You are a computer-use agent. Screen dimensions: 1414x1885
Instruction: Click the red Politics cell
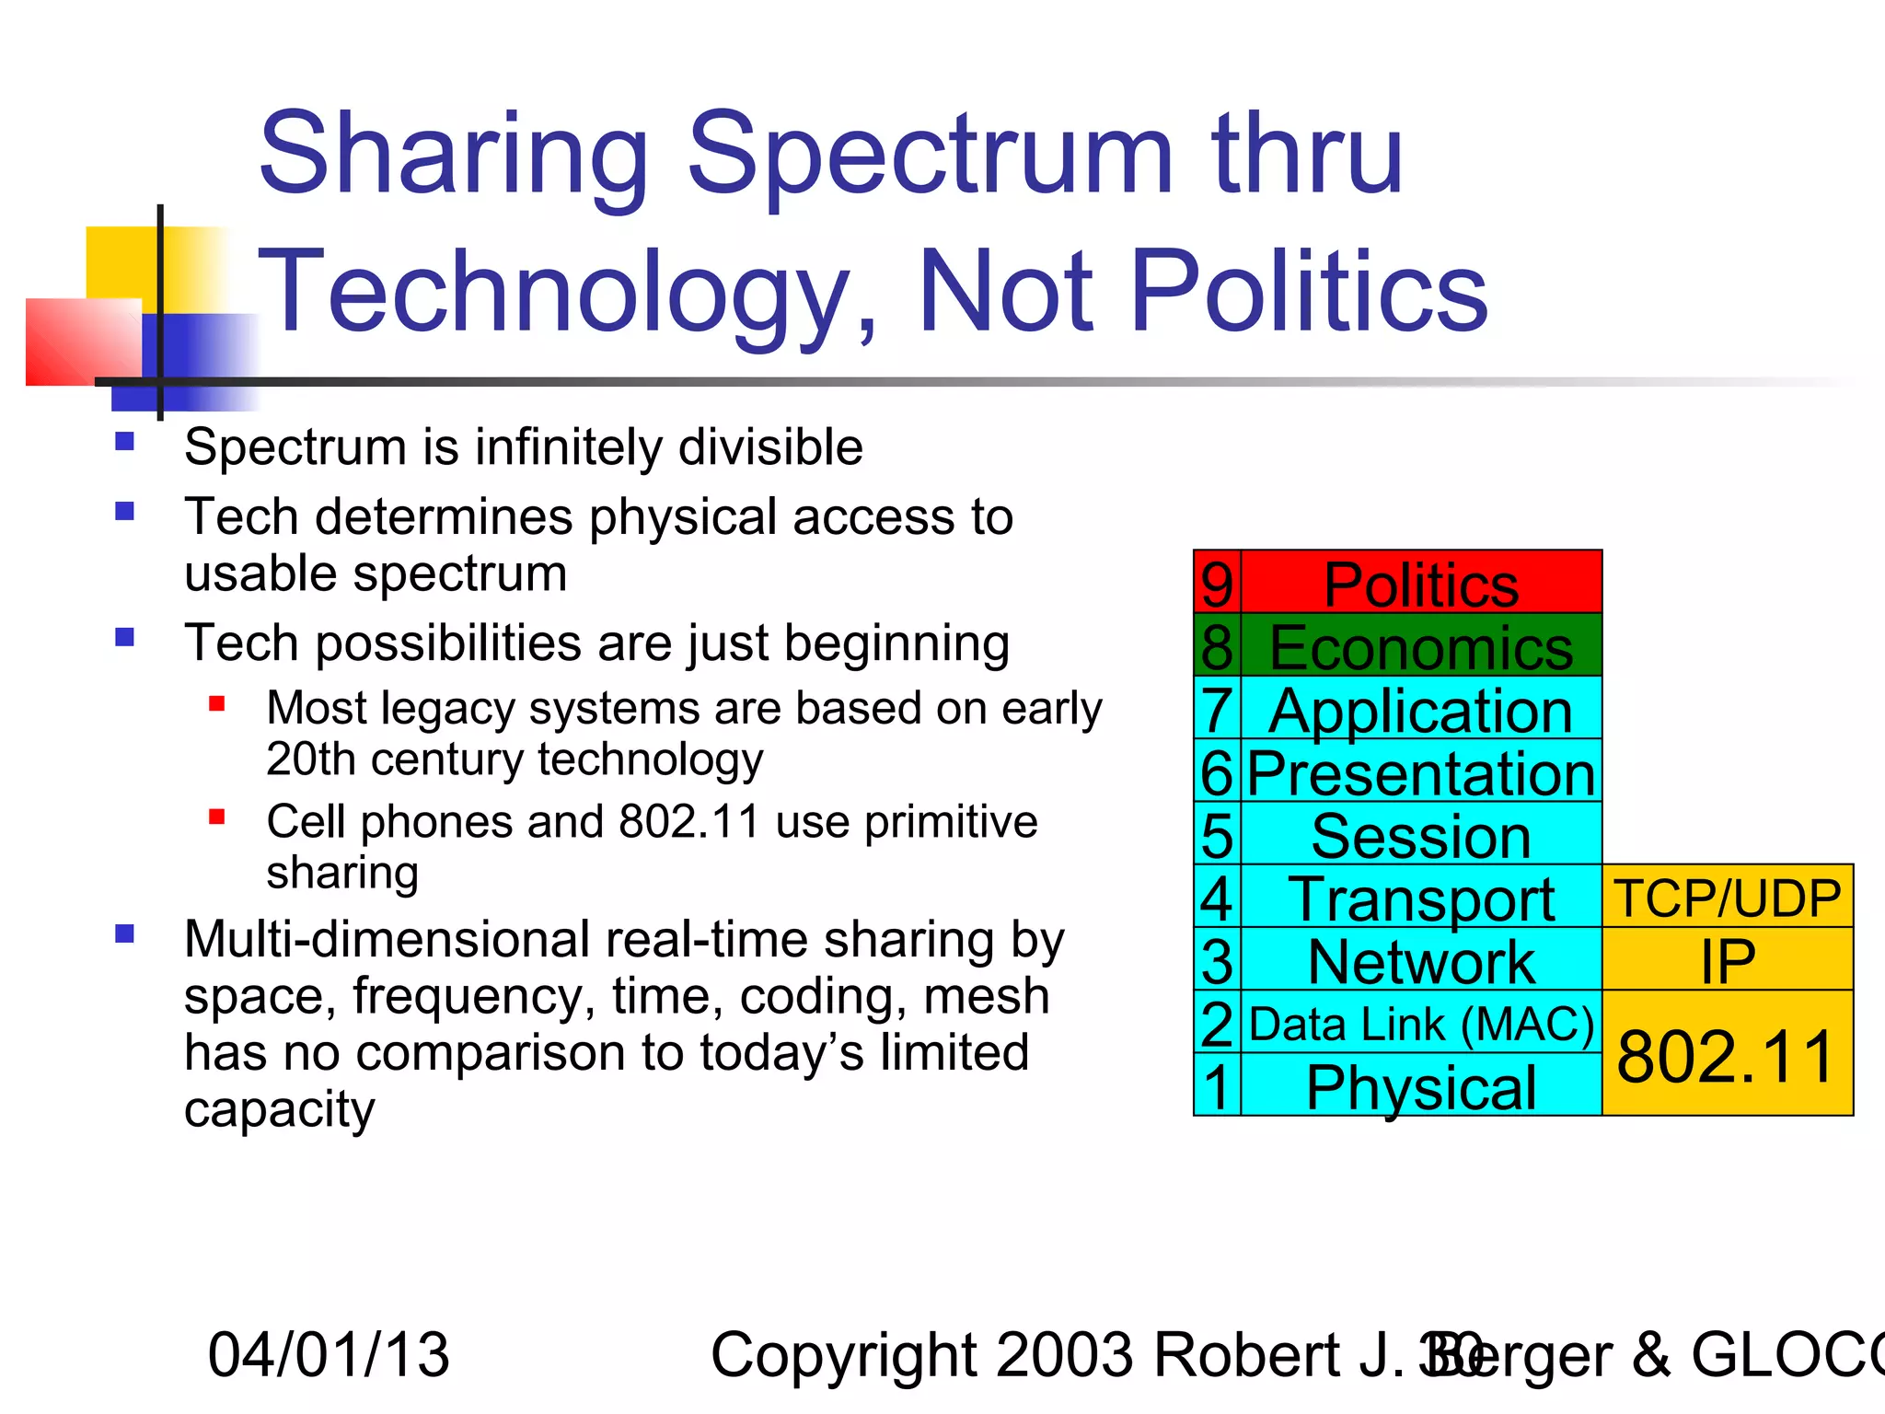(1421, 583)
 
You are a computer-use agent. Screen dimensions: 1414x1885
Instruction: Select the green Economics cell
(1421, 646)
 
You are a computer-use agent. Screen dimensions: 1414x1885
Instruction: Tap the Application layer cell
(1421, 709)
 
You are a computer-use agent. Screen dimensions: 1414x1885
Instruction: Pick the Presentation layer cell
(1421, 771)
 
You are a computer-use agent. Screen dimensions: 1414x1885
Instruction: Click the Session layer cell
(1421, 835)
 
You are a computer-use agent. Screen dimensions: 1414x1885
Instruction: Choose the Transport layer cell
(1421, 898)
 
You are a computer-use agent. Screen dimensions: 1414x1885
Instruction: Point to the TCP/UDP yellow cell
(1728, 897)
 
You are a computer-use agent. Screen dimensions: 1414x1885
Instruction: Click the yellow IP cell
(1728, 960)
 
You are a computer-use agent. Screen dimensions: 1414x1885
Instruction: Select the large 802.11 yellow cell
(1728, 1055)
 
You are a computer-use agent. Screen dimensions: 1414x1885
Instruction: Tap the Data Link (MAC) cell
(1421, 1024)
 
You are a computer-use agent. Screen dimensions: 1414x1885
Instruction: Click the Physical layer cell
(1421, 1086)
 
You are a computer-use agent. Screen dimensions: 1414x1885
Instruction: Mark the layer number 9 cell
(1217, 583)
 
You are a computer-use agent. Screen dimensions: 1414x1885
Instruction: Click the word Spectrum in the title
(930, 156)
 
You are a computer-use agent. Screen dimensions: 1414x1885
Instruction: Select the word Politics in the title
(1308, 293)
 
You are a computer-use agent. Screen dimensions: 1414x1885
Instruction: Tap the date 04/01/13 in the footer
(329, 1354)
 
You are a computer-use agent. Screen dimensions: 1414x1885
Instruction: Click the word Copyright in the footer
(841, 1354)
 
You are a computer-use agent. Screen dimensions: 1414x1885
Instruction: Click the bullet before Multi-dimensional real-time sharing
(125, 934)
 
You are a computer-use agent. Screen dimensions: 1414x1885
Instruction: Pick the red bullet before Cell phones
(217, 817)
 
